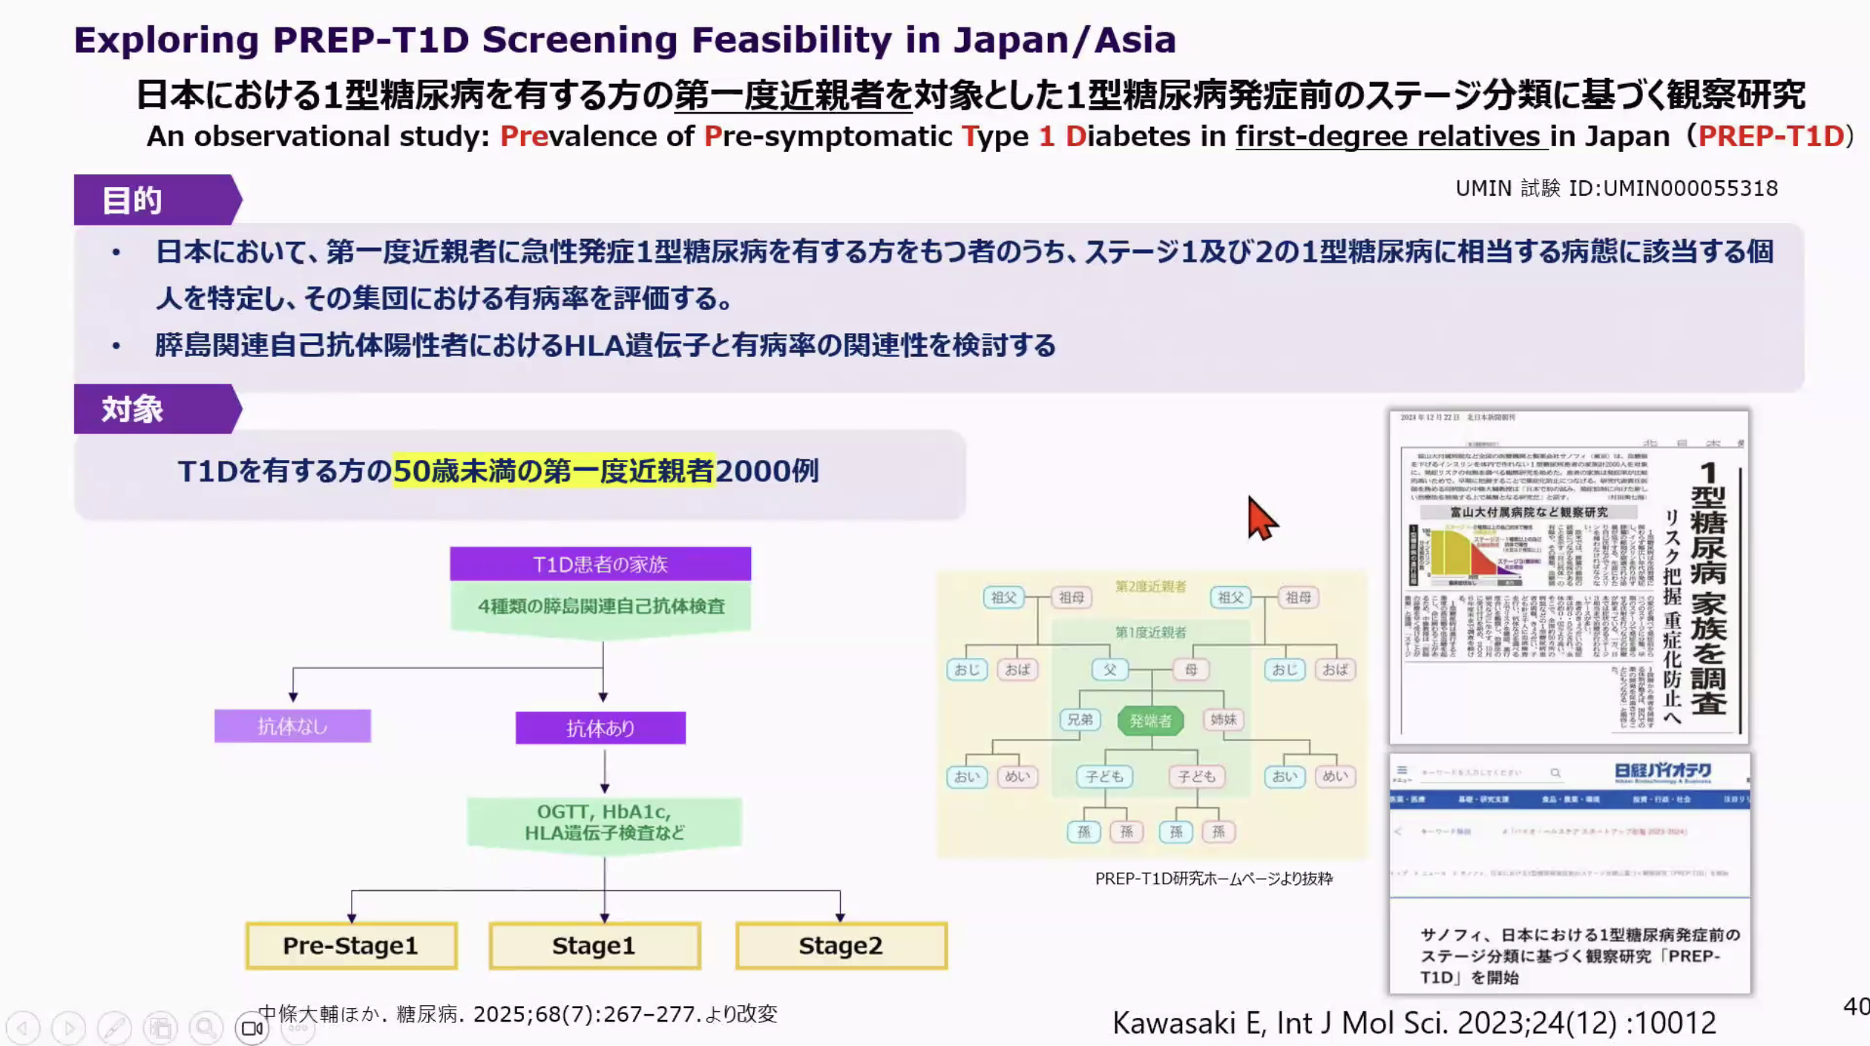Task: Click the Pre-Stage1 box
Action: click(x=351, y=946)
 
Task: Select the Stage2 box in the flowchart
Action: click(x=841, y=946)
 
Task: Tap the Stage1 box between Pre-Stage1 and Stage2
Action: click(x=594, y=946)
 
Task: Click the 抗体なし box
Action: click(x=292, y=726)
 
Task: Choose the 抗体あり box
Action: click(x=600, y=728)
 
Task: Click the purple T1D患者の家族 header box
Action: click(x=600, y=565)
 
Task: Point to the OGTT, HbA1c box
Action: click(x=604, y=822)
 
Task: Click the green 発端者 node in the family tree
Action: click(x=1150, y=720)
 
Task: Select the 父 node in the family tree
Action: click(x=1109, y=669)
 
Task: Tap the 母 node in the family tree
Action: click(x=1191, y=669)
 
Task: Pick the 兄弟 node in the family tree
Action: click(x=1080, y=720)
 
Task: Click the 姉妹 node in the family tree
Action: click(x=1223, y=720)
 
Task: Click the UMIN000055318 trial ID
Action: click(x=1690, y=188)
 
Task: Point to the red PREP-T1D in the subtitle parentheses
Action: click(x=1771, y=136)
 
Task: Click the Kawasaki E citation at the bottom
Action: click(x=1414, y=1023)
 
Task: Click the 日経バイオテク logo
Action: click(x=1662, y=772)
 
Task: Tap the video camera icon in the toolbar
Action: click(x=252, y=1028)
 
